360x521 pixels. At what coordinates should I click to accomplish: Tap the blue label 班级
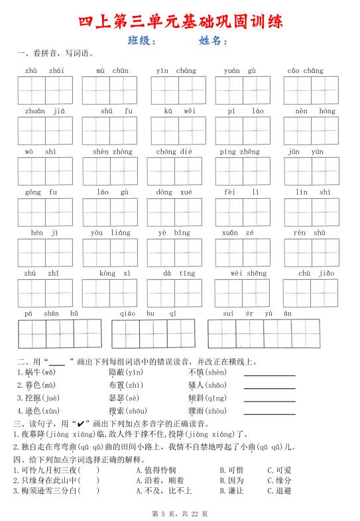(141, 41)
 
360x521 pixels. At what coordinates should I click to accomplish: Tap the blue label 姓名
(212, 41)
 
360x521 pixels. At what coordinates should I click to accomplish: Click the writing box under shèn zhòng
(110, 171)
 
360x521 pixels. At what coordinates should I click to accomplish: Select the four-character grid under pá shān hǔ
(60, 333)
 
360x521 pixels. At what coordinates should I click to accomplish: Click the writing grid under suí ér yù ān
(263, 333)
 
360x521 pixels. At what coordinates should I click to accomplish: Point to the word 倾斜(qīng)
(207, 398)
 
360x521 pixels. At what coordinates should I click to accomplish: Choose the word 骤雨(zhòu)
(207, 411)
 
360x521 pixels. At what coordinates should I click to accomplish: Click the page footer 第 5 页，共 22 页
(180, 514)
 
